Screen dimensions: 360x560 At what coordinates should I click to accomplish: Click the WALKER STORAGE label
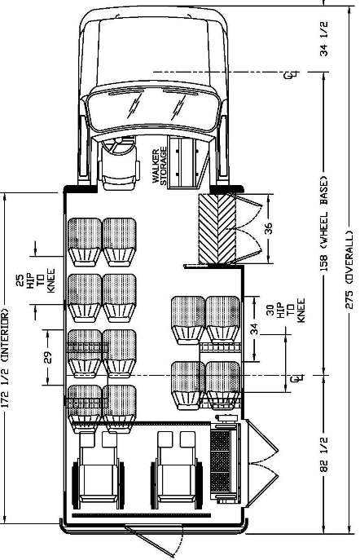159,165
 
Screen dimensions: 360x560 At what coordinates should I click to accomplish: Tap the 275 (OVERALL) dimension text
349,270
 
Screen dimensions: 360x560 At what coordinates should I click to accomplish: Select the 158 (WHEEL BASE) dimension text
324,223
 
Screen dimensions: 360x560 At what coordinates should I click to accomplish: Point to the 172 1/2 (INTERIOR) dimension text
5,357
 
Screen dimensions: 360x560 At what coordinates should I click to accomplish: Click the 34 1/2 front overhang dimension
324,39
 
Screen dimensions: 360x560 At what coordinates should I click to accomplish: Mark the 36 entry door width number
268,228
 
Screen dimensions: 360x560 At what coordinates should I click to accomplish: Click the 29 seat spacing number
48,358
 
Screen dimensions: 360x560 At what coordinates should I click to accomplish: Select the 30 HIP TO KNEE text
286,311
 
